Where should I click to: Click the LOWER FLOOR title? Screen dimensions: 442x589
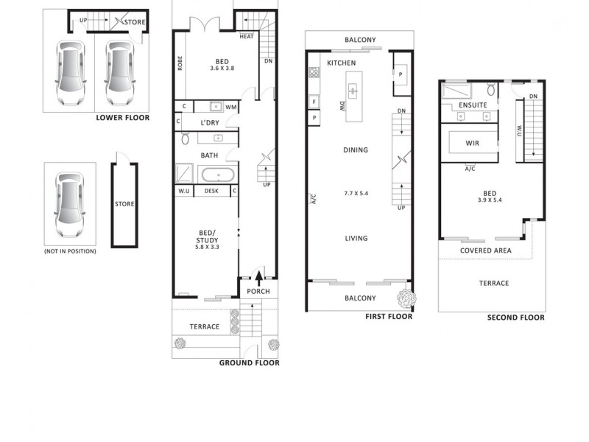coord(122,118)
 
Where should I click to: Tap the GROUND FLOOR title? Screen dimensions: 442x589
coord(249,362)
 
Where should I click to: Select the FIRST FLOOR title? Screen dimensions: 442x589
coord(389,317)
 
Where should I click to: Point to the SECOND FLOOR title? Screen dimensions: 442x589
coord(516,318)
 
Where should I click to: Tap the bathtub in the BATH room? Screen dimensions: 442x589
coord(217,175)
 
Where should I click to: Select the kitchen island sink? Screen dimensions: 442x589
coord(353,91)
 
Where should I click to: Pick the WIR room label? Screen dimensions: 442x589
coord(473,143)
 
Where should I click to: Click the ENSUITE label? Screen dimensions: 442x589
coord(473,105)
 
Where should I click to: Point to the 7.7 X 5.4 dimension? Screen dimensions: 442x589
coord(355,193)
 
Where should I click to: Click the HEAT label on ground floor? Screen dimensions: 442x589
coord(247,36)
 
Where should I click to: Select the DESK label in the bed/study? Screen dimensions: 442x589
coord(212,192)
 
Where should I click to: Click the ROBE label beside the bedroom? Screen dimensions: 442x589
coord(180,63)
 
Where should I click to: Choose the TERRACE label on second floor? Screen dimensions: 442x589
coord(494,283)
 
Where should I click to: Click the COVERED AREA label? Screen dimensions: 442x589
coord(486,250)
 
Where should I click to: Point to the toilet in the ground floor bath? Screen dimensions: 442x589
coord(185,138)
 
